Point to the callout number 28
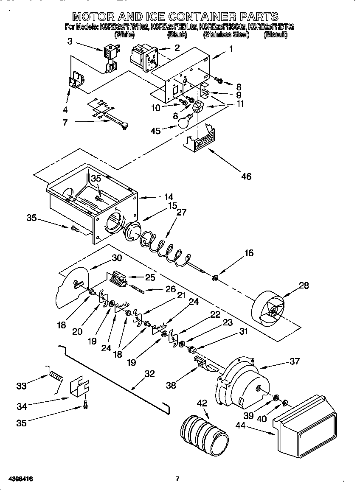[x=304, y=285]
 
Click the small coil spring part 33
[x=56, y=375]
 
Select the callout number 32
[x=149, y=374]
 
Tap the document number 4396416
[x=17, y=479]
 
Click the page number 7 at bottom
[x=177, y=479]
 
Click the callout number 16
[x=249, y=253]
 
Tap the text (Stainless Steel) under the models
[x=226, y=35]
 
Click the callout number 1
[x=231, y=49]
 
